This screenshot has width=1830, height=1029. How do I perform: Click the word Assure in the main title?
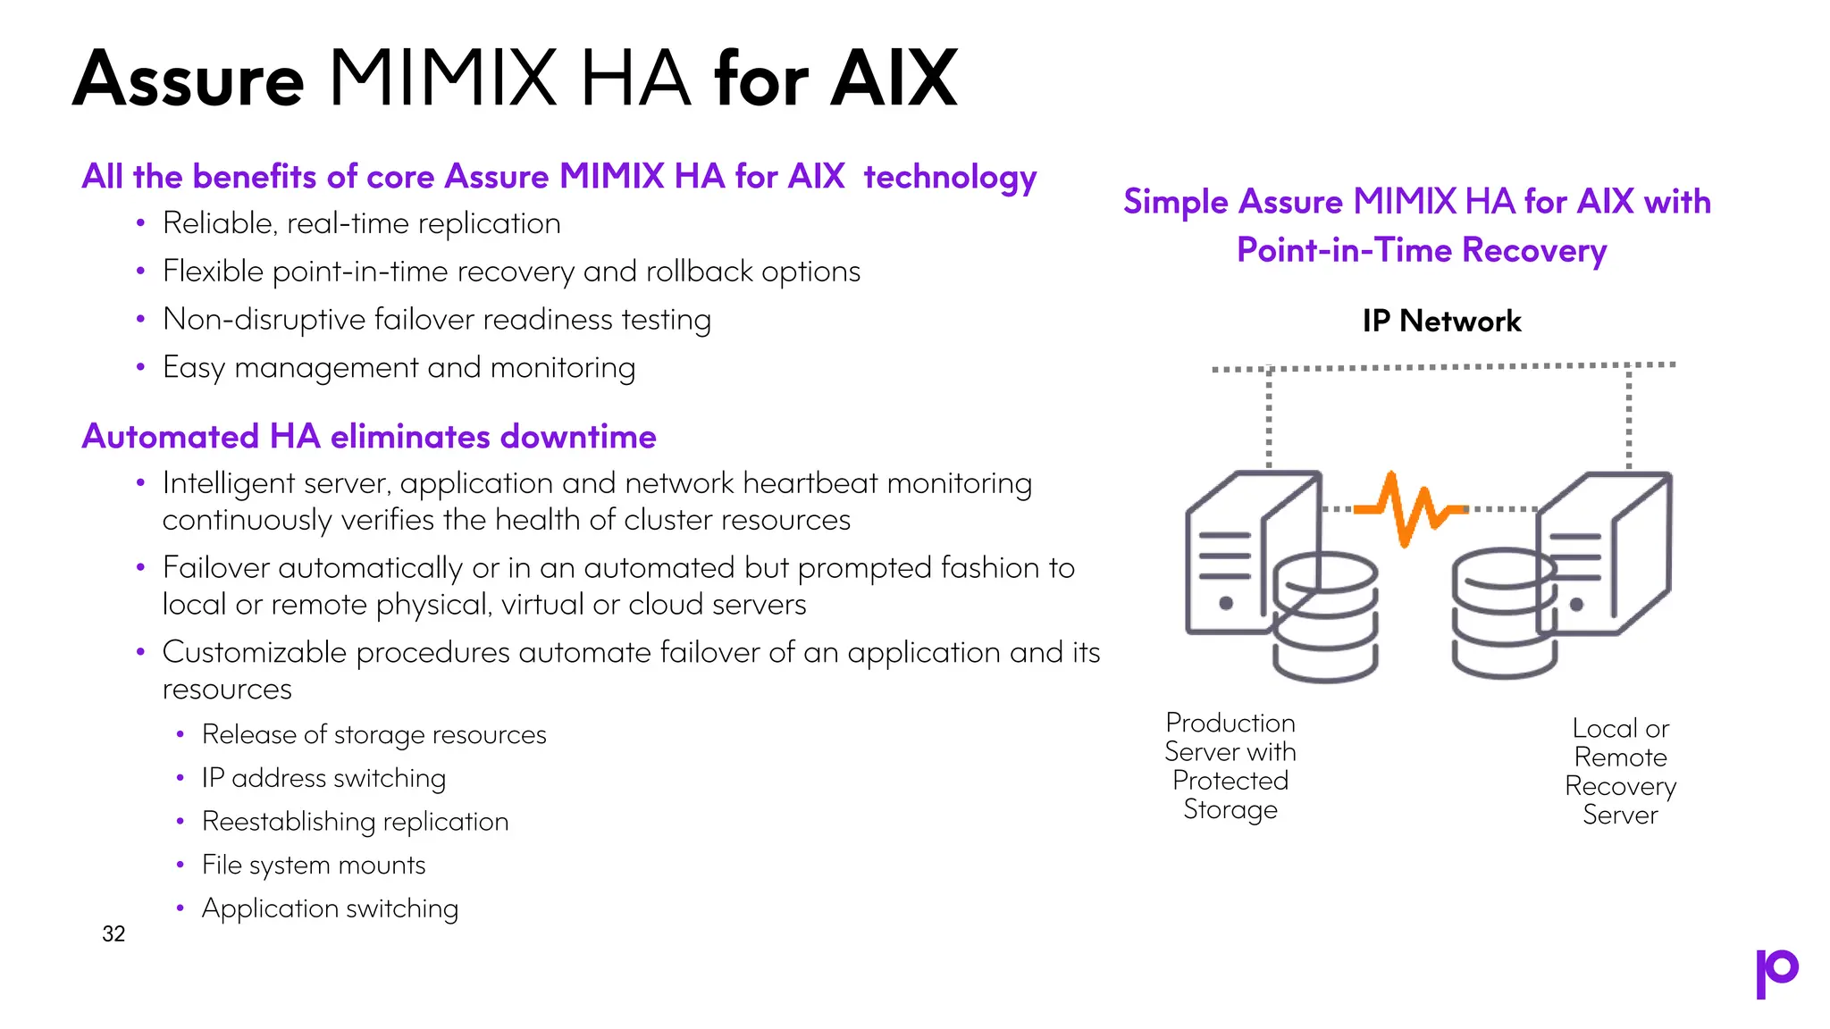click(189, 80)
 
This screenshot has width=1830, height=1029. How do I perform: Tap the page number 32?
click(113, 934)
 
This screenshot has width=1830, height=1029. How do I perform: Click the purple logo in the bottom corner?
click(1776, 973)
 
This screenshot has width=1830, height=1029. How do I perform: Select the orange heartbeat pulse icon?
click(1410, 509)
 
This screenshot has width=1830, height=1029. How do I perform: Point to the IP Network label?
click(1441, 321)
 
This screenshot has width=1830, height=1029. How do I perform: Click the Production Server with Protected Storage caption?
click(1230, 765)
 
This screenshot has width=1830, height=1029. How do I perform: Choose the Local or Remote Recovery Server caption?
click(1620, 772)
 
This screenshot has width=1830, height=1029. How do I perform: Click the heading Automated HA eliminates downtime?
click(369, 437)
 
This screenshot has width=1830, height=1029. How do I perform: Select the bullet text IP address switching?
click(323, 778)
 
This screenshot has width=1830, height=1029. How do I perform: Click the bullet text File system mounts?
click(314, 865)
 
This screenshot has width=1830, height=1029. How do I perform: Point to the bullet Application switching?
click(330, 908)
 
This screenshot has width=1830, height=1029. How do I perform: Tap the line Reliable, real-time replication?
click(361, 223)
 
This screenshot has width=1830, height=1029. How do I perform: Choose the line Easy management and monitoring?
click(399, 367)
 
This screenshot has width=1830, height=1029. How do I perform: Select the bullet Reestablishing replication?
click(355, 822)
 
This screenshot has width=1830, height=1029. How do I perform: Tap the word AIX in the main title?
click(894, 80)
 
